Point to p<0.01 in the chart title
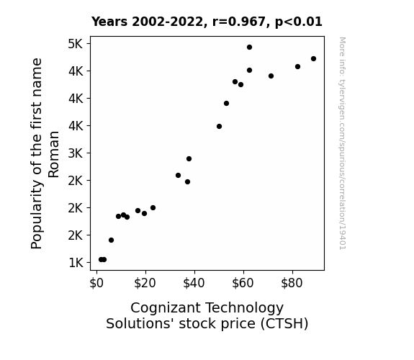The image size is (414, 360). coord(298,22)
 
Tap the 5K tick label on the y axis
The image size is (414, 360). coord(76,44)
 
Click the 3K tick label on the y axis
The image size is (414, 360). coord(76,153)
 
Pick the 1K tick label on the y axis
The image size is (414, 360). coord(76,263)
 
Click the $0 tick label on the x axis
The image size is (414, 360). coord(96,283)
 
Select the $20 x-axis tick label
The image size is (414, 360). coord(145,283)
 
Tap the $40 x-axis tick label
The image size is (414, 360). coord(194,283)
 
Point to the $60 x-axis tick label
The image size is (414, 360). coord(243,283)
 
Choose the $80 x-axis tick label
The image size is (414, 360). coord(292,283)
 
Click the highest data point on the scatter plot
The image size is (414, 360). coord(249,48)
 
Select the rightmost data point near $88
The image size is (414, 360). coord(313,58)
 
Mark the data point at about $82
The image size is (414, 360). coord(297,66)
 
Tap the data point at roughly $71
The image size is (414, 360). coord(271,76)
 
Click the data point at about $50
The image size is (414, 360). coord(219,127)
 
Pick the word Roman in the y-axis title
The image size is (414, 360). coord(53,154)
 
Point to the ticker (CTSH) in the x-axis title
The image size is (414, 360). coord(284,324)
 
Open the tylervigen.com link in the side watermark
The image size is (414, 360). coord(342,143)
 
